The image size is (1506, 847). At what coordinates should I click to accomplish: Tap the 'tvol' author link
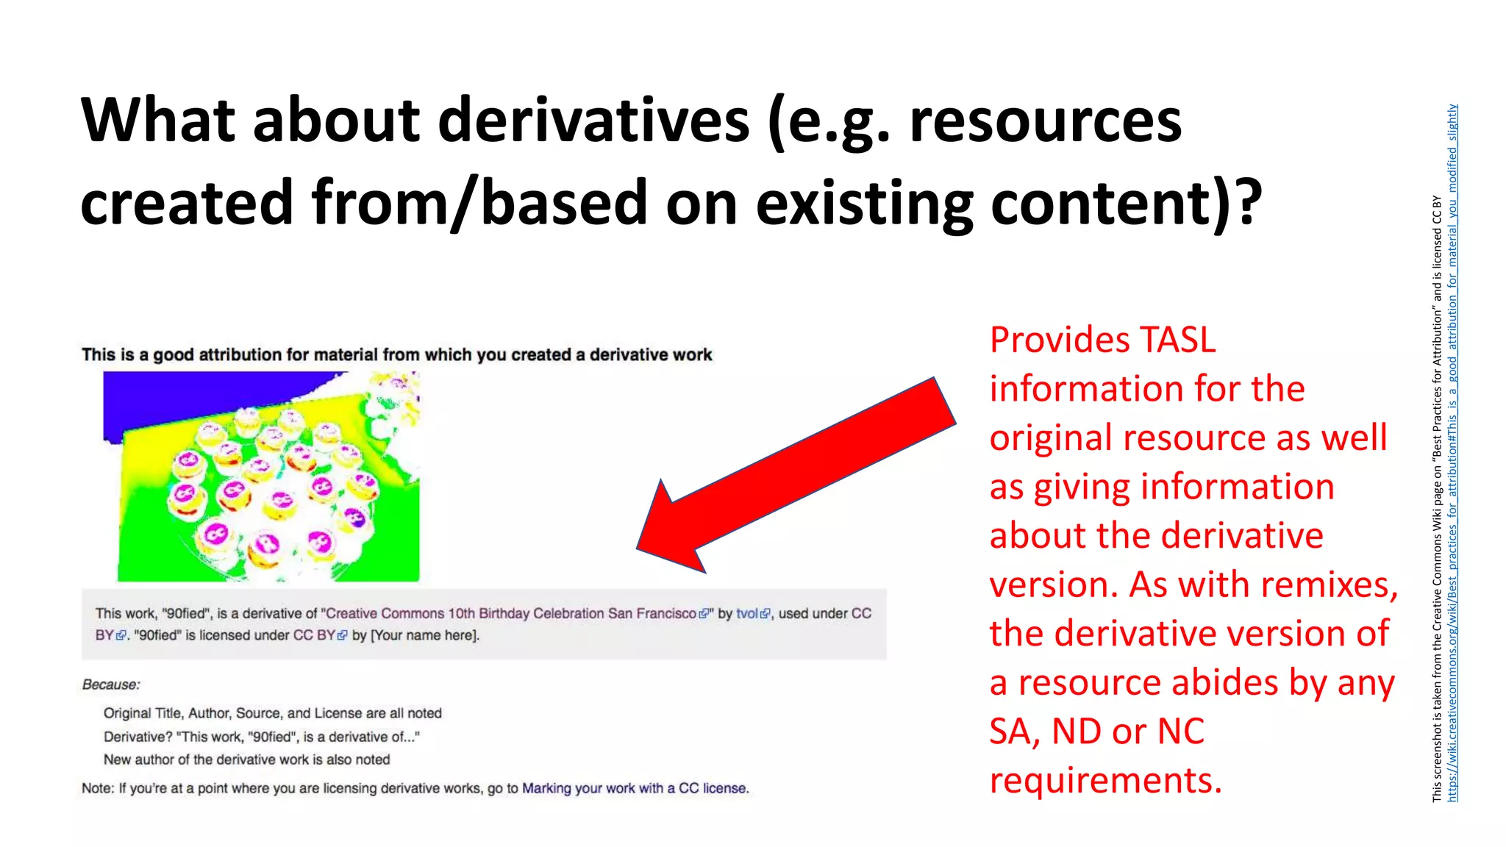pyautogui.click(x=747, y=614)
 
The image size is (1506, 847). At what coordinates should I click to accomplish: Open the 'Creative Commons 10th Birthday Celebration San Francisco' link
pyautogui.click(x=511, y=614)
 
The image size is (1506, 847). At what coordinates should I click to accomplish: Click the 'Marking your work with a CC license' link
pyautogui.click(x=635, y=788)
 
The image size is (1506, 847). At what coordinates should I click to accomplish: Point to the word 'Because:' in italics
pyautogui.click(x=111, y=685)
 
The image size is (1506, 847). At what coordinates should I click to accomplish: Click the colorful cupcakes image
pyautogui.click(x=262, y=476)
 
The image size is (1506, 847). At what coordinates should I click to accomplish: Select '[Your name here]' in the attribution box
pyautogui.click(x=425, y=635)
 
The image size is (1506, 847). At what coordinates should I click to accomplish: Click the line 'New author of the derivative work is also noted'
pyautogui.click(x=246, y=760)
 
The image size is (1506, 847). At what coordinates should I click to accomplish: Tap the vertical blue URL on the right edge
pyautogui.click(x=1452, y=453)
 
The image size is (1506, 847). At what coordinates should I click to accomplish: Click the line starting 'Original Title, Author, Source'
pyautogui.click(x=272, y=713)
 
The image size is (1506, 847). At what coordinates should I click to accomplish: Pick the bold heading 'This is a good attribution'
pyautogui.click(x=396, y=355)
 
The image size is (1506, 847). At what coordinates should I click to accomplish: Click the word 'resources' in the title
pyautogui.click(x=1045, y=121)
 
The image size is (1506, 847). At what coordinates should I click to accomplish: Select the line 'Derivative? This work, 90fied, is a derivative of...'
pyautogui.click(x=261, y=737)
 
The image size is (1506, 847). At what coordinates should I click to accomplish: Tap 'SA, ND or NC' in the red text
pyautogui.click(x=1096, y=732)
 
